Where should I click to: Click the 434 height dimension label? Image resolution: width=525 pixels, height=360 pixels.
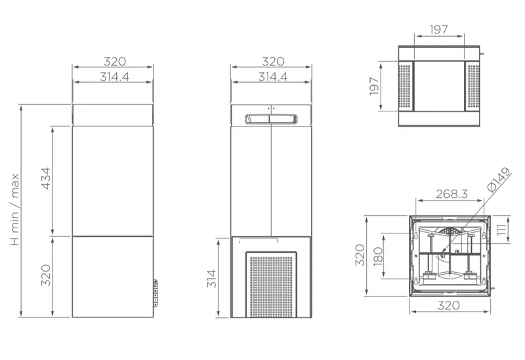point(45,178)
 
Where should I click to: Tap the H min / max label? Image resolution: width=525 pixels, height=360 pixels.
point(14,209)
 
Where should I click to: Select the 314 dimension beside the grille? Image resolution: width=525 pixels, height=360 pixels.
point(211,279)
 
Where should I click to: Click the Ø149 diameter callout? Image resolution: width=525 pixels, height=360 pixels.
point(499,179)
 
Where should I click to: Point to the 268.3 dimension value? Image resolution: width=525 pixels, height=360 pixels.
point(451,193)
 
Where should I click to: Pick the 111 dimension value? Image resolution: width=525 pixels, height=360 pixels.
point(501,230)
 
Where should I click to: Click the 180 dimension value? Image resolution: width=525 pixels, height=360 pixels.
point(378,256)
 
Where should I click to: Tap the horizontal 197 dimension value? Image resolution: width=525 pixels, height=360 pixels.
point(438,30)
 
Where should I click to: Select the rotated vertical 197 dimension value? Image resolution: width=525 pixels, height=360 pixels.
point(374,87)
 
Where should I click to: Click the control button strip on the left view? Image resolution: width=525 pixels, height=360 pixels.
point(156,292)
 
